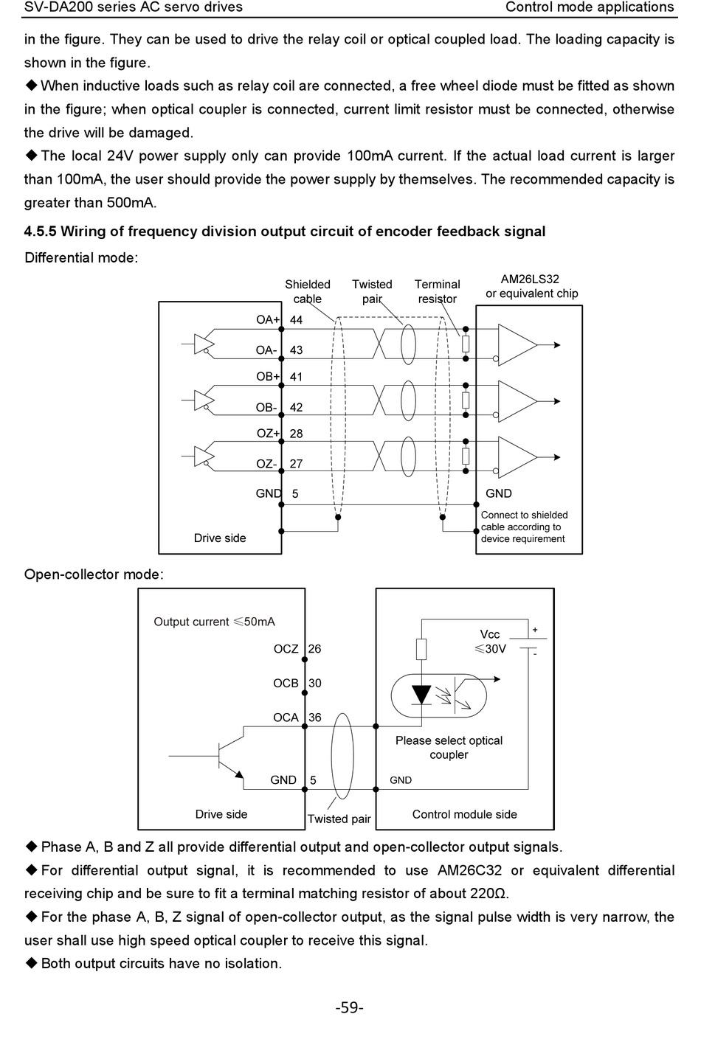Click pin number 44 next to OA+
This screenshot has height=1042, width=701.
click(x=296, y=319)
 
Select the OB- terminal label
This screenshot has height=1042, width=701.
click(x=266, y=408)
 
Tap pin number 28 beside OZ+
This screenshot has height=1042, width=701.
click(x=296, y=434)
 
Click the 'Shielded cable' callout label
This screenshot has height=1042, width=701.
click(x=308, y=291)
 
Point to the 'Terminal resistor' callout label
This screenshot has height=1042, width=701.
click(x=437, y=291)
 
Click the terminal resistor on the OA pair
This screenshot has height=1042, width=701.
click(x=466, y=344)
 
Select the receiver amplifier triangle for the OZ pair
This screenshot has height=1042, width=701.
click(x=517, y=457)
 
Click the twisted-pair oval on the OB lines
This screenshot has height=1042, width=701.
click(x=408, y=401)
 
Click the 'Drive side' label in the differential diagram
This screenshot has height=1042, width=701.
click(x=220, y=538)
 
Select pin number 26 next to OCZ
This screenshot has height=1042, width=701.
click(x=314, y=648)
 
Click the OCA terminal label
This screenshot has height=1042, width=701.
click(x=286, y=718)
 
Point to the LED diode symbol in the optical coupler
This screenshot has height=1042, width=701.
click(x=422, y=695)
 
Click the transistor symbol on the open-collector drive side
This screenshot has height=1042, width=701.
click(x=228, y=757)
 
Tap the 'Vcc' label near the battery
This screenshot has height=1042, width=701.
click(x=490, y=634)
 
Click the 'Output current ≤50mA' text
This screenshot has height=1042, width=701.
click(x=214, y=622)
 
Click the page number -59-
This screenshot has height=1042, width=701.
click(x=350, y=1007)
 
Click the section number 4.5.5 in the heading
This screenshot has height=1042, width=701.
click(x=40, y=232)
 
